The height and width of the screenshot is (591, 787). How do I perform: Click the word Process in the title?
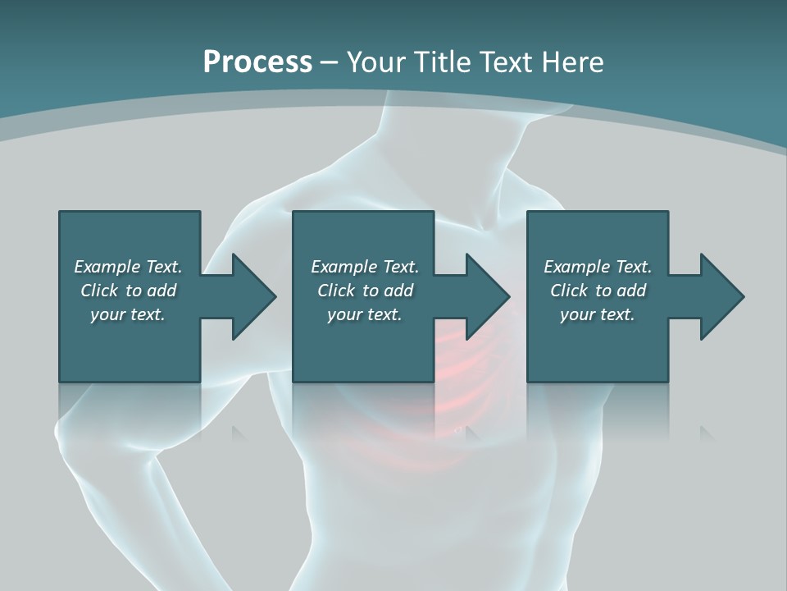[x=257, y=62]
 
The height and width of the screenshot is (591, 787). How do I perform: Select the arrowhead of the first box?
[x=251, y=296]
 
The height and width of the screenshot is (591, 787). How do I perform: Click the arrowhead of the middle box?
[x=485, y=296]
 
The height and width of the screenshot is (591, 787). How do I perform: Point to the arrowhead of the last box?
[x=720, y=296]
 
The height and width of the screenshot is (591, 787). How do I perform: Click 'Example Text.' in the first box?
[x=128, y=267]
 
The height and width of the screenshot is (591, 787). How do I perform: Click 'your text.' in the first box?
[x=128, y=314]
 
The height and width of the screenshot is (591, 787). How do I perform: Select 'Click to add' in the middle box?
[x=365, y=291]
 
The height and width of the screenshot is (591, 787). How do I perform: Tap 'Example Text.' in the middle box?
[x=365, y=267]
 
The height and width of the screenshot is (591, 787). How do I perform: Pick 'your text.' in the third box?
[x=598, y=314]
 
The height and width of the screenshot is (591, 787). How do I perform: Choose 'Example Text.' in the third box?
[x=598, y=267]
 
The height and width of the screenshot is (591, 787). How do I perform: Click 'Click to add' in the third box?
[x=598, y=291]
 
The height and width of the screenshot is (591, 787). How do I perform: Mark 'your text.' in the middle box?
[x=365, y=314]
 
